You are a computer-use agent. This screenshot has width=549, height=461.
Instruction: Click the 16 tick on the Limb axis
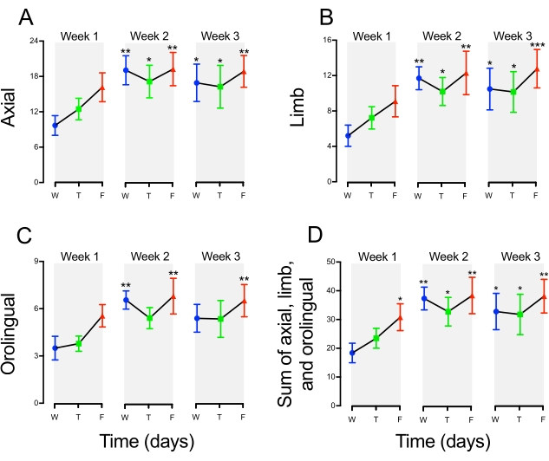click(328, 41)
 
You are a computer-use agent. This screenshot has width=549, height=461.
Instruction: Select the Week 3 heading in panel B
click(511, 35)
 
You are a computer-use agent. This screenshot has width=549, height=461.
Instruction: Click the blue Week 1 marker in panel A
click(56, 126)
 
